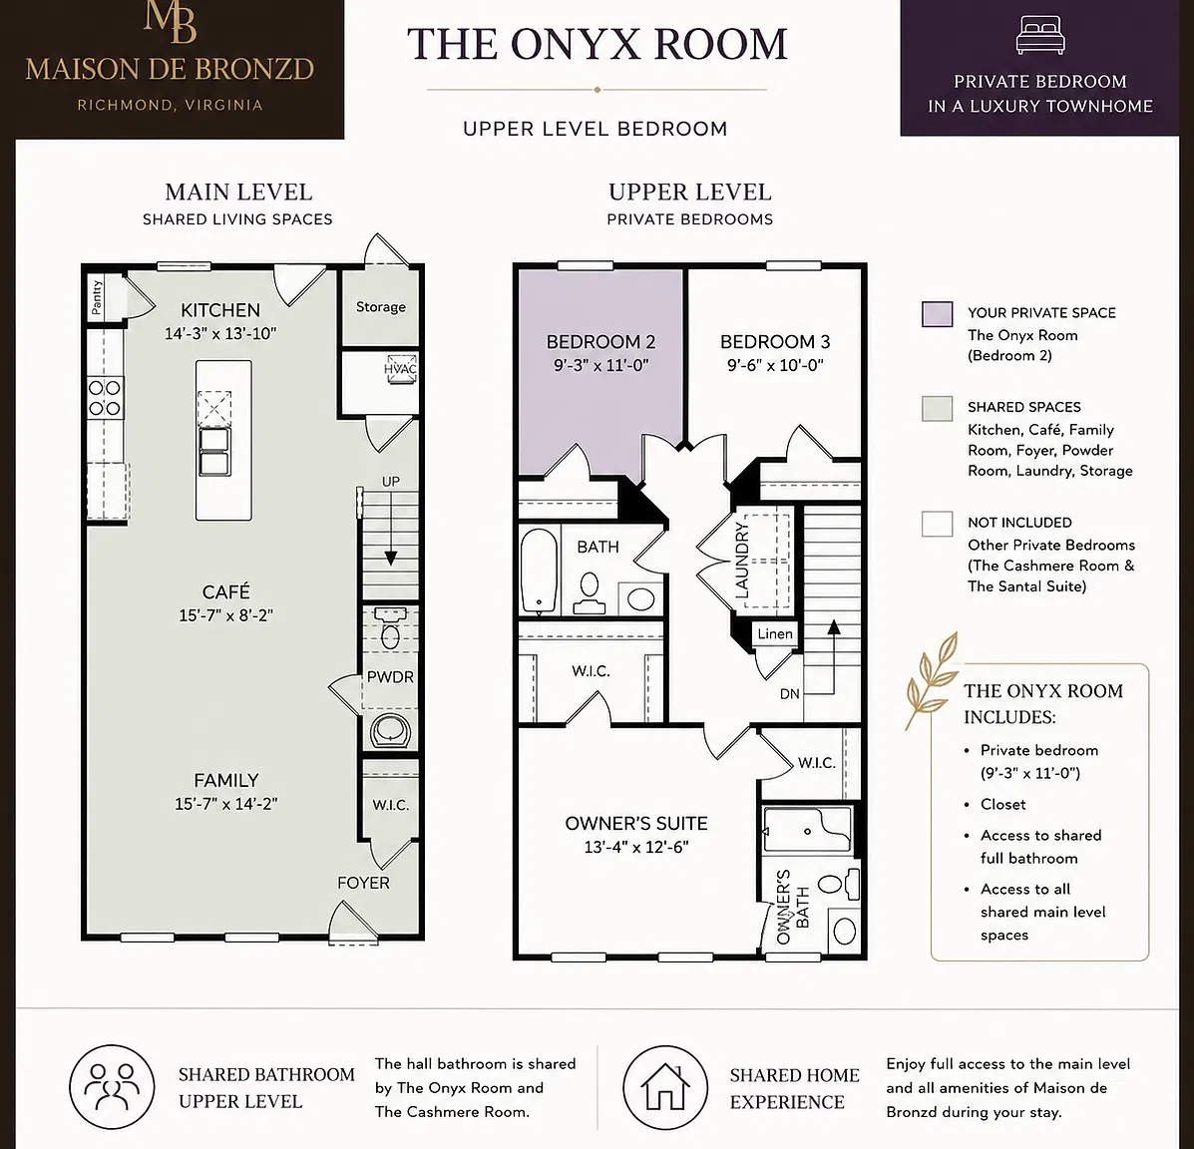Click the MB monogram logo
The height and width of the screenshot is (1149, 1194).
tap(170, 22)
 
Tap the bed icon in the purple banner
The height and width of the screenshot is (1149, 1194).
tap(1040, 36)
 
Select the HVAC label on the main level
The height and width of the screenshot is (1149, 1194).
tap(400, 369)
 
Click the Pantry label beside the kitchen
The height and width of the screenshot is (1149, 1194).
tap(97, 297)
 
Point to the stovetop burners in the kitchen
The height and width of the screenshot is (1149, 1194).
tap(105, 398)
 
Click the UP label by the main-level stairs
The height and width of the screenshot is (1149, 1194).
tap(391, 481)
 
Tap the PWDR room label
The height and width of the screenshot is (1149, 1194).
tap(390, 677)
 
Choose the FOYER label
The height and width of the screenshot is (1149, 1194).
tap(363, 883)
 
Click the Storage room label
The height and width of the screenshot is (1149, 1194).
tap(381, 307)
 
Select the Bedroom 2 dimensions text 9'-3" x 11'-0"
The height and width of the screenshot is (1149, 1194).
tap(600, 365)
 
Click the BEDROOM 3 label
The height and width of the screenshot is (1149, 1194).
tap(775, 342)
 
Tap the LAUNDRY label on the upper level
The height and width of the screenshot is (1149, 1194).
tap(742, 560)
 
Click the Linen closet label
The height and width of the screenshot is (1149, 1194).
tap(775, 633)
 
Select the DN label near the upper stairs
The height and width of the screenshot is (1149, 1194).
tap(790, 693)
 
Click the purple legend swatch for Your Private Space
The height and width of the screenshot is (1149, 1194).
tap(937, 314)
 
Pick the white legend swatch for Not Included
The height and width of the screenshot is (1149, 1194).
tap(937, 524)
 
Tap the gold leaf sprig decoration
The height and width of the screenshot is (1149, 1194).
tap(931, 680)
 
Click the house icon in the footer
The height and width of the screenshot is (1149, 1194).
tap(665, 1086)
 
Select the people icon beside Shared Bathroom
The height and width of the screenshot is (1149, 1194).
tap(112, 1086)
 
